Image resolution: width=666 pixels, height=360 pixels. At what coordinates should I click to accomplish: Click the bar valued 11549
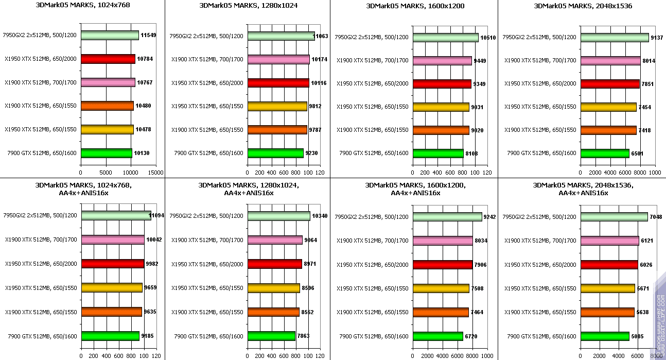pyautogui.click(x=110, y=36)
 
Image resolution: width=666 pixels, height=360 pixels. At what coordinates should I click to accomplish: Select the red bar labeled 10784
pyautogui.click(x=108, y=59)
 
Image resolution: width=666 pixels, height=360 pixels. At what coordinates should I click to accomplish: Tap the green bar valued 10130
pyautogui.click(x=106, y=153)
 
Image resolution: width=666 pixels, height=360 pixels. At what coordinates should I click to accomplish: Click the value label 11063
pyautogui.click(x=324, y=36)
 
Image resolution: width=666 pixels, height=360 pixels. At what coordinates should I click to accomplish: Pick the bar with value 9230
pyautogui.click(x=275, y=153)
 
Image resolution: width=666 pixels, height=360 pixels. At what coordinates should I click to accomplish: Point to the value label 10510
pyautogui.click(x=487, y=37)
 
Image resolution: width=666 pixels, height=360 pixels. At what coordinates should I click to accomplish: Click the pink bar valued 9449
pyautogui.click(x=442, y=61)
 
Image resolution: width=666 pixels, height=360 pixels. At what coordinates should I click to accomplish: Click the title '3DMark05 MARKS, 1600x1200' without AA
pyautogui.click(x=415, y=6)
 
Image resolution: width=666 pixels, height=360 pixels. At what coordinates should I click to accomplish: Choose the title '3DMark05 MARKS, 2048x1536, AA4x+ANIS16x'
pyautogui.click(x=583, y=189)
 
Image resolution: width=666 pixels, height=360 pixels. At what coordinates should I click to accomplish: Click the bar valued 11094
pyautogui.click(x=116, y=216)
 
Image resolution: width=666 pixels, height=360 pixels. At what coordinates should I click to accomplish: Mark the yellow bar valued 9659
pyautogui.click(x=112, y=288)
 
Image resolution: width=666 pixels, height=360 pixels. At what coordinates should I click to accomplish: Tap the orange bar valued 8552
pyautogui.click(x=273, y=312)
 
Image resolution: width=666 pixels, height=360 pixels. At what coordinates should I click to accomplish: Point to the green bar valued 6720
pyautogui.click(x=437, y=336)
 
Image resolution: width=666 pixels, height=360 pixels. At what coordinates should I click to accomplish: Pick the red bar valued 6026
pyautogui.click(x=609, y=265)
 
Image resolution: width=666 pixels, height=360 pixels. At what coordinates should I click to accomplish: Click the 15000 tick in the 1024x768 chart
pyautogui.click(x=156, y=173)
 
